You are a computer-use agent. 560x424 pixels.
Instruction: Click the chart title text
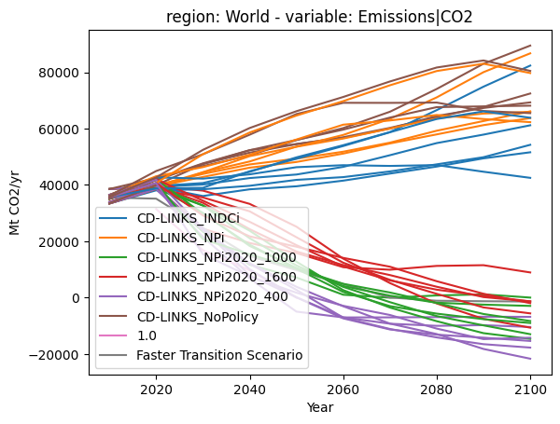coord(319,17)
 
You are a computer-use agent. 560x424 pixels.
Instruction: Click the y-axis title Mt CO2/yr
coord(14,203)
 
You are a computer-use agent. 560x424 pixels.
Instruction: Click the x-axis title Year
coord(320,407)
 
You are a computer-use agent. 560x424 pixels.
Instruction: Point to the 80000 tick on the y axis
coord(59,73)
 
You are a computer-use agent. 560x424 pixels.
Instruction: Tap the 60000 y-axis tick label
coord(59,130)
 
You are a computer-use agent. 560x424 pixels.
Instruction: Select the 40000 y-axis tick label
coord(59,185)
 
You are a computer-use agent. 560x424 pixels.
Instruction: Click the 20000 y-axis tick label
coord(59,241)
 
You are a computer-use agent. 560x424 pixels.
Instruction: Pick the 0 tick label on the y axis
coord(76,298)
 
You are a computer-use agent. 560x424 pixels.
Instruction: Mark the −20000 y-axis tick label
coord(54,355)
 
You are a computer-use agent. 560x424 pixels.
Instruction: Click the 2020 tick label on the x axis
coord(156,390)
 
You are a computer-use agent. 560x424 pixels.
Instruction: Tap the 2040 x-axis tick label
coord(249,390)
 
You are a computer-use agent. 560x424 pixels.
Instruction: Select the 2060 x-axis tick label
coord(343,390)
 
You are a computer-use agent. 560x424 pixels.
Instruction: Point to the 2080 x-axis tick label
coord(437,390)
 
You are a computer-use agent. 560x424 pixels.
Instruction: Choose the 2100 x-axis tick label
coord(530,390)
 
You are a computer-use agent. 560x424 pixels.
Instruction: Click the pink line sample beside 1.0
coord(113,335)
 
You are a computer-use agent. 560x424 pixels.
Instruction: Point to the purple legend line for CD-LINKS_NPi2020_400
coord(113,296)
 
